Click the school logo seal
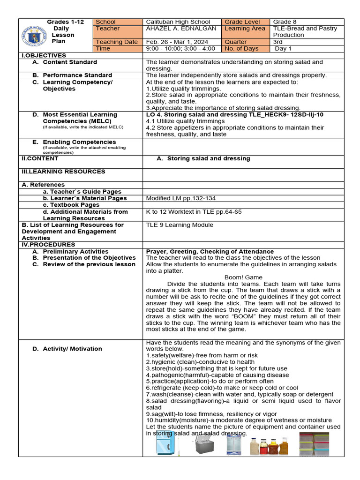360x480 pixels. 34,36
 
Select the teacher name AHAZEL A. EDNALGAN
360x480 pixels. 181,29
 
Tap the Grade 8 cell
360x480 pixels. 285,22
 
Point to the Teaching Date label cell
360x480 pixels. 116,42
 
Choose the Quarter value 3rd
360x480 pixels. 278,42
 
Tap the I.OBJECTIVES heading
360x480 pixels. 44,55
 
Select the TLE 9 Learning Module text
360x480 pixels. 180,225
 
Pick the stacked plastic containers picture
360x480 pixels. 314,444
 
